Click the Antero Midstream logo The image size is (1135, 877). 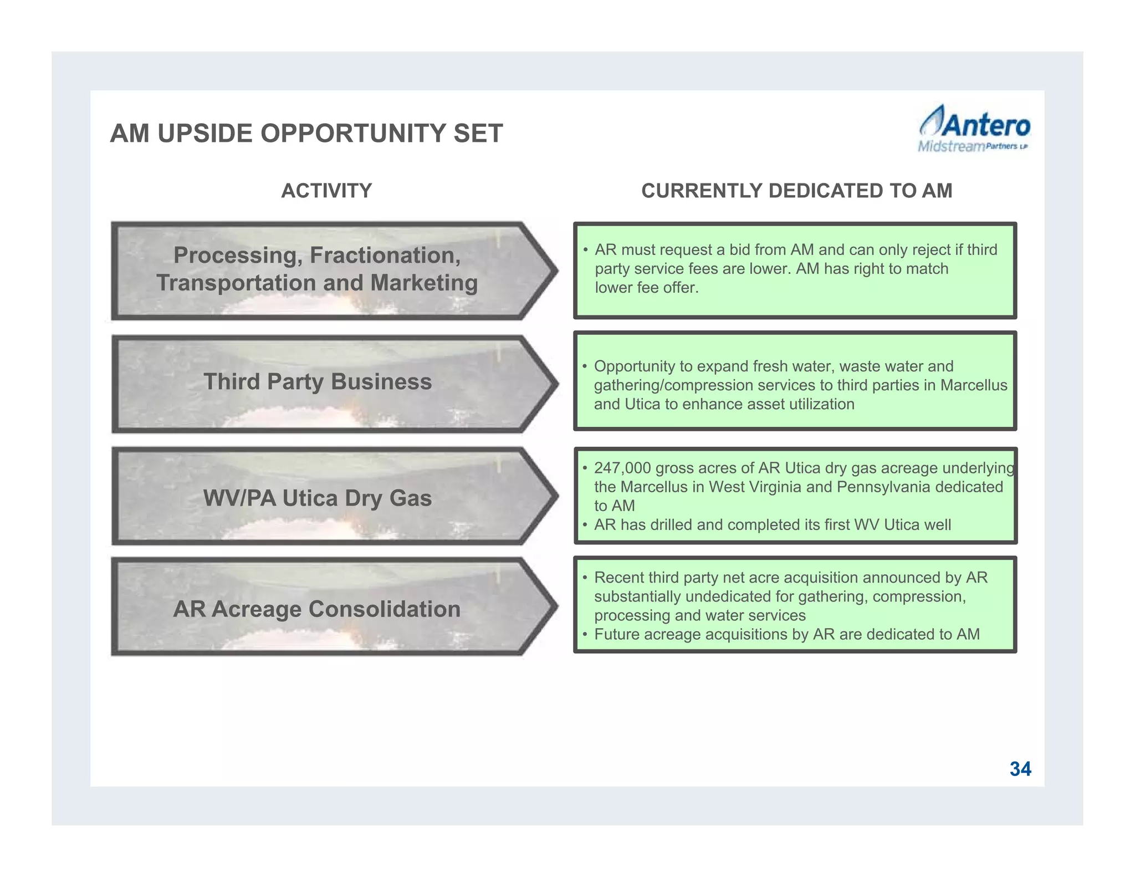click(974, 129)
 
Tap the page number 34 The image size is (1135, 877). click(1020, 769)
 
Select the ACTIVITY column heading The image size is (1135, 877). click(326, 191)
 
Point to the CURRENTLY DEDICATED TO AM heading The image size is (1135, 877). click(796, 191)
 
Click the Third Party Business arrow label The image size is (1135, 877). click(317, 382)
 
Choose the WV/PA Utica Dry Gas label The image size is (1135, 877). click(317, 498)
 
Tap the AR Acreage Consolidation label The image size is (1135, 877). click(316, 609)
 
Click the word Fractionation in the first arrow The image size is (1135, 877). click(385, 255)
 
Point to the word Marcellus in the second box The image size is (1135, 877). click(974, 385)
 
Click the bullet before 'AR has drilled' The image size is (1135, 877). click(585, 525)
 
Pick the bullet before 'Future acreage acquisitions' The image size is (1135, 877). click(585, 635)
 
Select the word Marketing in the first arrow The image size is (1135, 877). click(424, 283)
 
